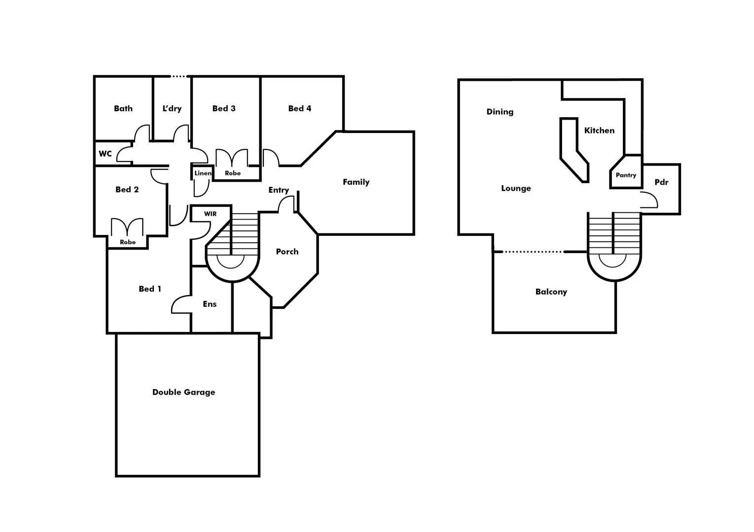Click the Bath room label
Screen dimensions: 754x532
tap(123, 108)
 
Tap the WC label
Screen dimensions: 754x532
tap(105, 154)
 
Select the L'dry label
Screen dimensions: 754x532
tap(172, 108)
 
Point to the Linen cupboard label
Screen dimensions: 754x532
tap(203, 173)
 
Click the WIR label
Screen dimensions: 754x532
tap(211, 214)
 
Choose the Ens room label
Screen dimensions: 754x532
tap(210, 304)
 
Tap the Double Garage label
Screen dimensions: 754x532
tap(183, 392)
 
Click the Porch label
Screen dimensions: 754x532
tap(287, 252)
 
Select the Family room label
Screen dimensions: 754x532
tap(356, 182)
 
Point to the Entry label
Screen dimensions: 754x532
tap(279, 190)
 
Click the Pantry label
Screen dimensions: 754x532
tap(626, 175)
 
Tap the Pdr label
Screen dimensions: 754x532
tap(661, 182)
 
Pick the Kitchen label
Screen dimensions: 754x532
tap(599, 131)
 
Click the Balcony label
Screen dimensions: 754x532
tap(551, 292)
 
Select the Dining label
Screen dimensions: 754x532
tap(500, 112)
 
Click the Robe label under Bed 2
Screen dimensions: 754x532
tap(128, 242)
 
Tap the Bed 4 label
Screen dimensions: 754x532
tap(300, 108)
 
